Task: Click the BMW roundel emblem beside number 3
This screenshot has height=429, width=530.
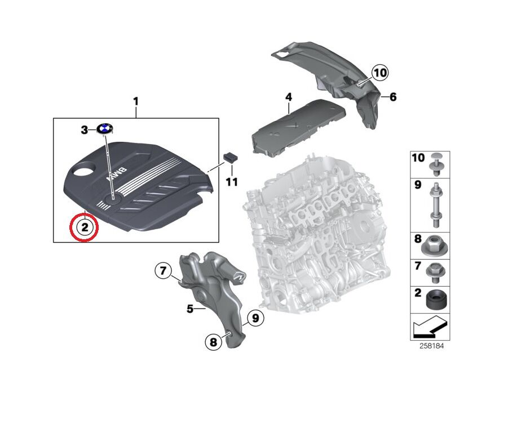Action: pos(104,129)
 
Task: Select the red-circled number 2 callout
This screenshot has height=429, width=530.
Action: pos(83,227)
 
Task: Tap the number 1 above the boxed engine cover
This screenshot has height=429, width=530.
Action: pos(135,101)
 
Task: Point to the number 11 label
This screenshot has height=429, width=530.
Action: pos(232,182)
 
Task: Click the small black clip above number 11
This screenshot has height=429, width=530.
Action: pos(229,157)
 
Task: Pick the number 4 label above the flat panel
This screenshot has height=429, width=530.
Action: pos(288,97)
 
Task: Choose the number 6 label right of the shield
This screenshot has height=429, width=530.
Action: pos(392,97)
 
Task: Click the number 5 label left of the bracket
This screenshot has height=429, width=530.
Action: pos(190,309)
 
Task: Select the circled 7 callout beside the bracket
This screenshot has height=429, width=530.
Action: pos(162,271)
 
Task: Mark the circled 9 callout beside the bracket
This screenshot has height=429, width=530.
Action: pos(254,319)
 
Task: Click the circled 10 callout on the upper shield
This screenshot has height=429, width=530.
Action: pos(380,73)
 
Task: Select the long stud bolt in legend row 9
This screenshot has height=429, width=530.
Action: pos(436,204)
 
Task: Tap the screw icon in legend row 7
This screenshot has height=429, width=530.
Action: pos(436,271)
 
